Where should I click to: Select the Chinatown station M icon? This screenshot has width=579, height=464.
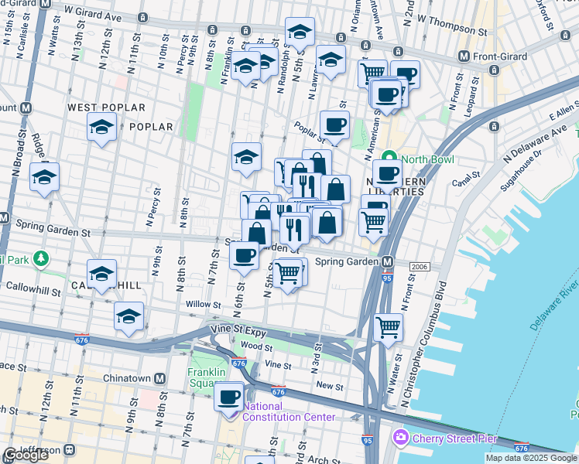159,379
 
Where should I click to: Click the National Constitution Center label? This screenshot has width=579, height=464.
289,411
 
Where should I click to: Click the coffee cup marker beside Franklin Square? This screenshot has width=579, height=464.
228,397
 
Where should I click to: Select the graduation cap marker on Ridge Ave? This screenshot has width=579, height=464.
44,176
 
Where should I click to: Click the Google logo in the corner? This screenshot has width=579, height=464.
25,455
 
